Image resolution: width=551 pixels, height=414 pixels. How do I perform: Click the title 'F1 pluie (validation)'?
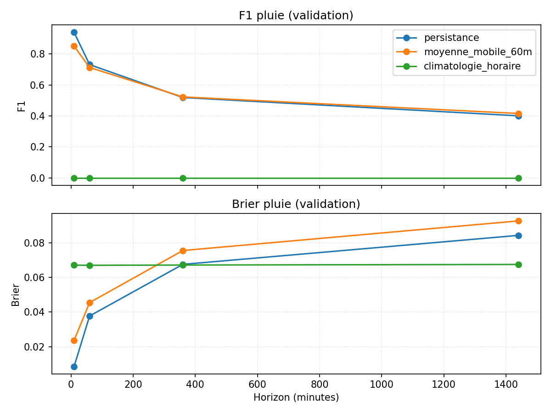tap(296, 16)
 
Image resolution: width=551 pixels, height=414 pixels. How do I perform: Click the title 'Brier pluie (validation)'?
tap(296, 204)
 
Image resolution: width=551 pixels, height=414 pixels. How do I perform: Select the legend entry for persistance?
tap(451, 38)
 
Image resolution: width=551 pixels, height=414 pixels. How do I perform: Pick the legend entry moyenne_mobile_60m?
tap(478, 52)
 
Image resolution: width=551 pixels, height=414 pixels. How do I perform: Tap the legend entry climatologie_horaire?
tap(472, 66)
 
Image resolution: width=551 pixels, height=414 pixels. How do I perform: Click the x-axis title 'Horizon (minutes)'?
tap(296, 397)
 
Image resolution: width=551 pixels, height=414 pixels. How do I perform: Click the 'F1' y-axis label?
tap(21, 105)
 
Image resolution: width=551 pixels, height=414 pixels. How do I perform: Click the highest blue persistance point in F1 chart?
tap(74, 32)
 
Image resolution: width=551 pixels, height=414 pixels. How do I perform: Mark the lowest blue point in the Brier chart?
tap(74, 367)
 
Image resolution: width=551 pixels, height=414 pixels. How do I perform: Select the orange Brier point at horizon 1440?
tap(518, 221)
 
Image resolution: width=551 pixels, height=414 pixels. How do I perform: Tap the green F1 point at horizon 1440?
tap(518, 178)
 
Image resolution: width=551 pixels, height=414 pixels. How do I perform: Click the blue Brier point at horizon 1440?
tap(518, 236)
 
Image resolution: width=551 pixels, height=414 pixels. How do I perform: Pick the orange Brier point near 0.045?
tap(90, 303)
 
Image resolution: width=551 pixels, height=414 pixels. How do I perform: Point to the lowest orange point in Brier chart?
tap(74, 340)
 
